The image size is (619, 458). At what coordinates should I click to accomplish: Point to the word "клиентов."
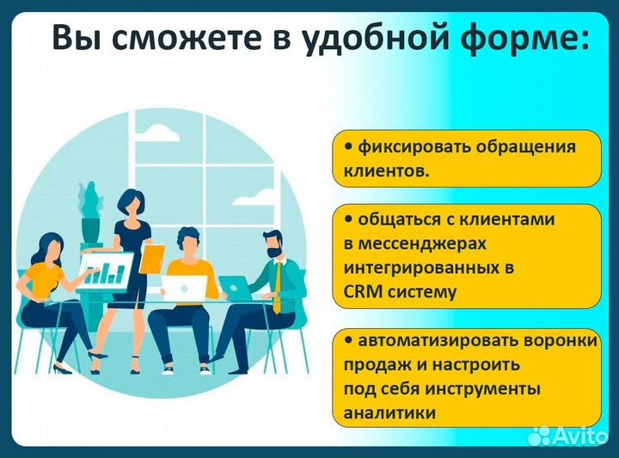coord(385,171)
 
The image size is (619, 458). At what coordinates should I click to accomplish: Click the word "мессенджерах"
coord(414,244)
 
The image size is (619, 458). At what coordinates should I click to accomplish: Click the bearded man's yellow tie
coord(277,288)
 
